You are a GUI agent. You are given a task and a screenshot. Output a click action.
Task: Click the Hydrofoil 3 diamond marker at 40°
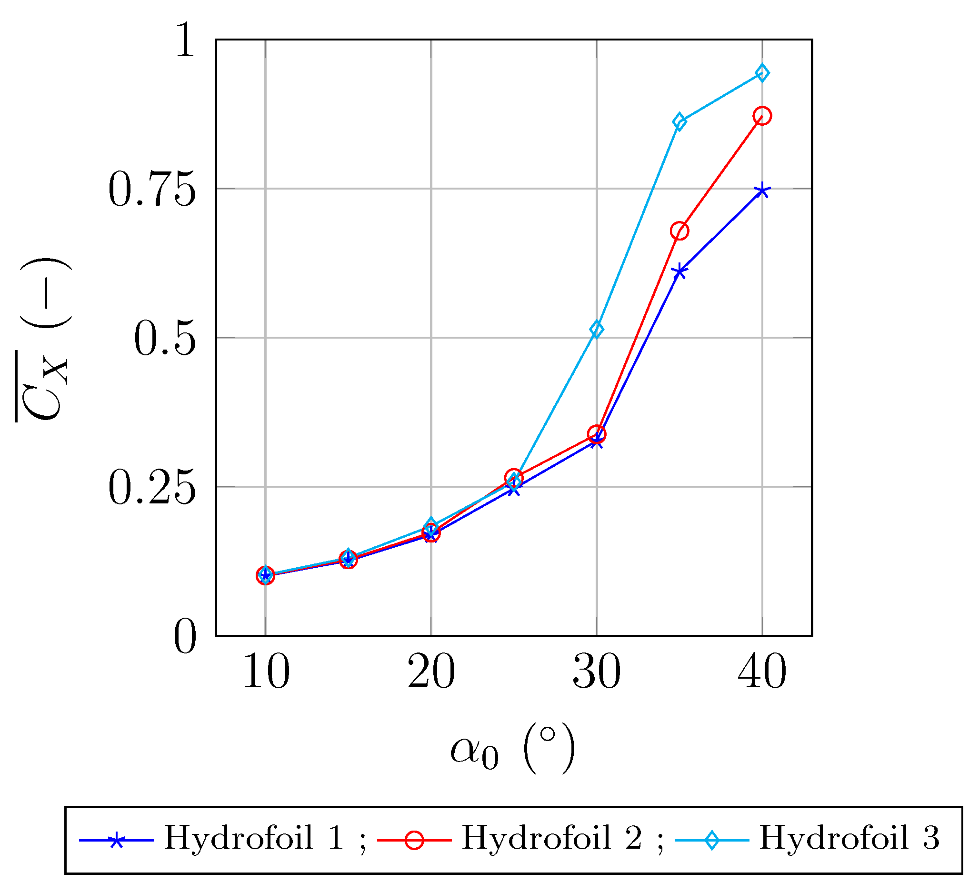(762, 73)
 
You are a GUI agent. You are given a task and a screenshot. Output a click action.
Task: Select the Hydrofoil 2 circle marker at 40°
(762, 116)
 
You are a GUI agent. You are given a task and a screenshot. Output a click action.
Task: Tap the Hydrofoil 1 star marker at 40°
(762, 191)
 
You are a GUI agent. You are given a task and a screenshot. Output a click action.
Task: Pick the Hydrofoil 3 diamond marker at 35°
(679, 122)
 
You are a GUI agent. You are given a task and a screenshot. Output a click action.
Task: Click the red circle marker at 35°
(679, 231)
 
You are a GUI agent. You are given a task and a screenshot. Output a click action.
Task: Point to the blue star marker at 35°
(679, 272)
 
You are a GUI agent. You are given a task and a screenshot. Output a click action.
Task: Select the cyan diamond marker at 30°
(597, 330)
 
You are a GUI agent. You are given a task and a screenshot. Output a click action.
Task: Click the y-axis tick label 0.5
(164, 339)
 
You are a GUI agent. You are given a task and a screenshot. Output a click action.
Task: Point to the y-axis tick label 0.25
(151, 488)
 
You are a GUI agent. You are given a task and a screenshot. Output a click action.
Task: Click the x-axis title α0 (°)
(512, 749)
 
